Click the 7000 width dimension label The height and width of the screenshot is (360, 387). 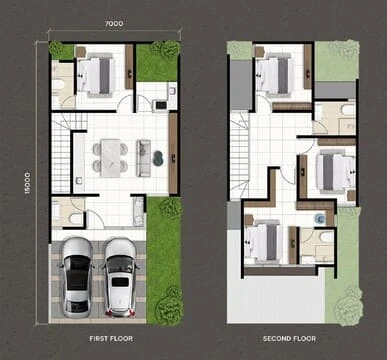coord(114,23)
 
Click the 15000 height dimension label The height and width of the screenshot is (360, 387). coord(27,183)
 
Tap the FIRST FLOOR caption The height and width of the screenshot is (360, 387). coord(111,339)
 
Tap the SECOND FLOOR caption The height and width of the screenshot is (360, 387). coord(289,339)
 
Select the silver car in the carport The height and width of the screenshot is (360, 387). coord(77,277)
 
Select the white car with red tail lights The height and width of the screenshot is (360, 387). coord(120,277)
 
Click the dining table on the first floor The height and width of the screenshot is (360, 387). coord(111,158)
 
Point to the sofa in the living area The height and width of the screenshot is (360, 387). coord(143,158)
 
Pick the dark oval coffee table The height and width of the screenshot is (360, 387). coord(158,158)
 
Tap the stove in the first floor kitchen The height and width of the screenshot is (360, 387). coord(161,105)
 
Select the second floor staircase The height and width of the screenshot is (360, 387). coord(240,156)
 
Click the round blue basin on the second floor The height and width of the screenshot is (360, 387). coord(320,218)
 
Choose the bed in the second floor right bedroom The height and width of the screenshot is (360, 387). coord(335,172)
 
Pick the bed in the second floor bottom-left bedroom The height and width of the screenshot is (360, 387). coord(263,242)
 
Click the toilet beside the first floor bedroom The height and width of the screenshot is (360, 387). coord(58,85)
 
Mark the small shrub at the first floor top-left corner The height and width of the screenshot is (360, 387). coord(56,49)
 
